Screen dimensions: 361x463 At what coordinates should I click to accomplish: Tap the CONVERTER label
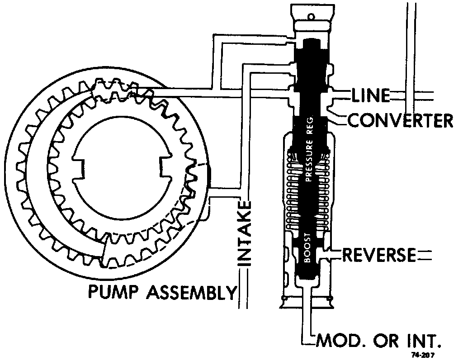tap(400, 120)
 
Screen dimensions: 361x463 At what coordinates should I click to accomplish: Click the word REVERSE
tap(378, 255)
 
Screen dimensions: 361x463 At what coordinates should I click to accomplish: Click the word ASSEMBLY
tap(191, 292)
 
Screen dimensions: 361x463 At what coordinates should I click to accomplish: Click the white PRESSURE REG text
tap(310, 150)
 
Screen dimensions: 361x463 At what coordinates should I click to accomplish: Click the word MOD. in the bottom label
tap(337, 340)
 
